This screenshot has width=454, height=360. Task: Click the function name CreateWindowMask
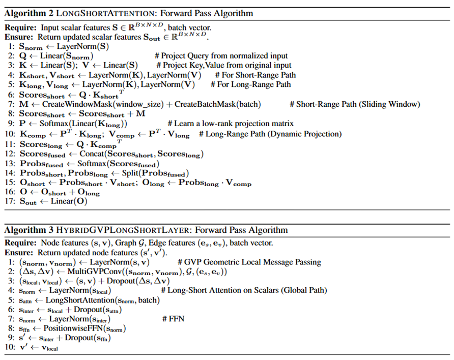tap(76, 104)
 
